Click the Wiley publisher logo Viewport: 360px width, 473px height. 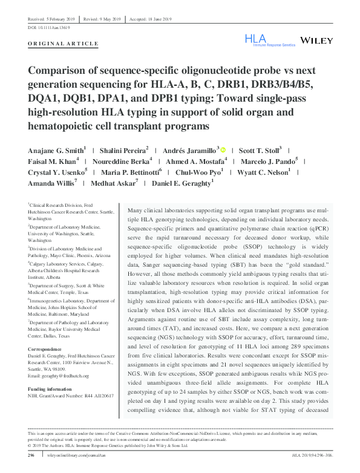315,41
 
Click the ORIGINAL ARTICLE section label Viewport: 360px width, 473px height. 63,44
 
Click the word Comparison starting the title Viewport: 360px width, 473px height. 63,70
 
